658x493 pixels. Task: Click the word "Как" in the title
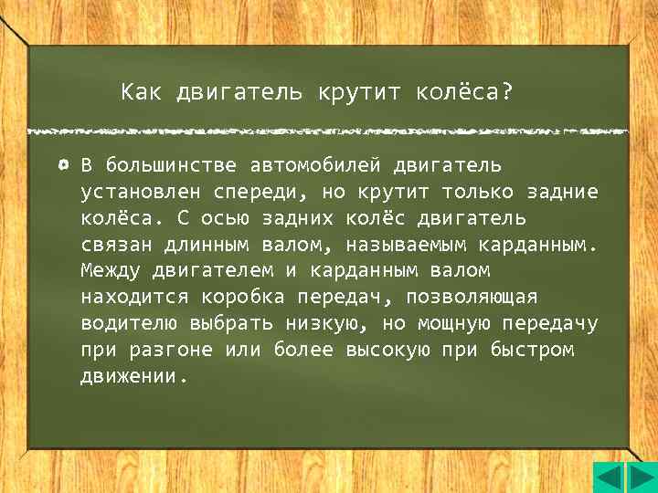pos(140,92)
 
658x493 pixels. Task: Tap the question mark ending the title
pos(507,92)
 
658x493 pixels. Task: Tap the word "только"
pos(478,193)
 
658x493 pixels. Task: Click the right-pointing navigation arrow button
pos(637,477)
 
